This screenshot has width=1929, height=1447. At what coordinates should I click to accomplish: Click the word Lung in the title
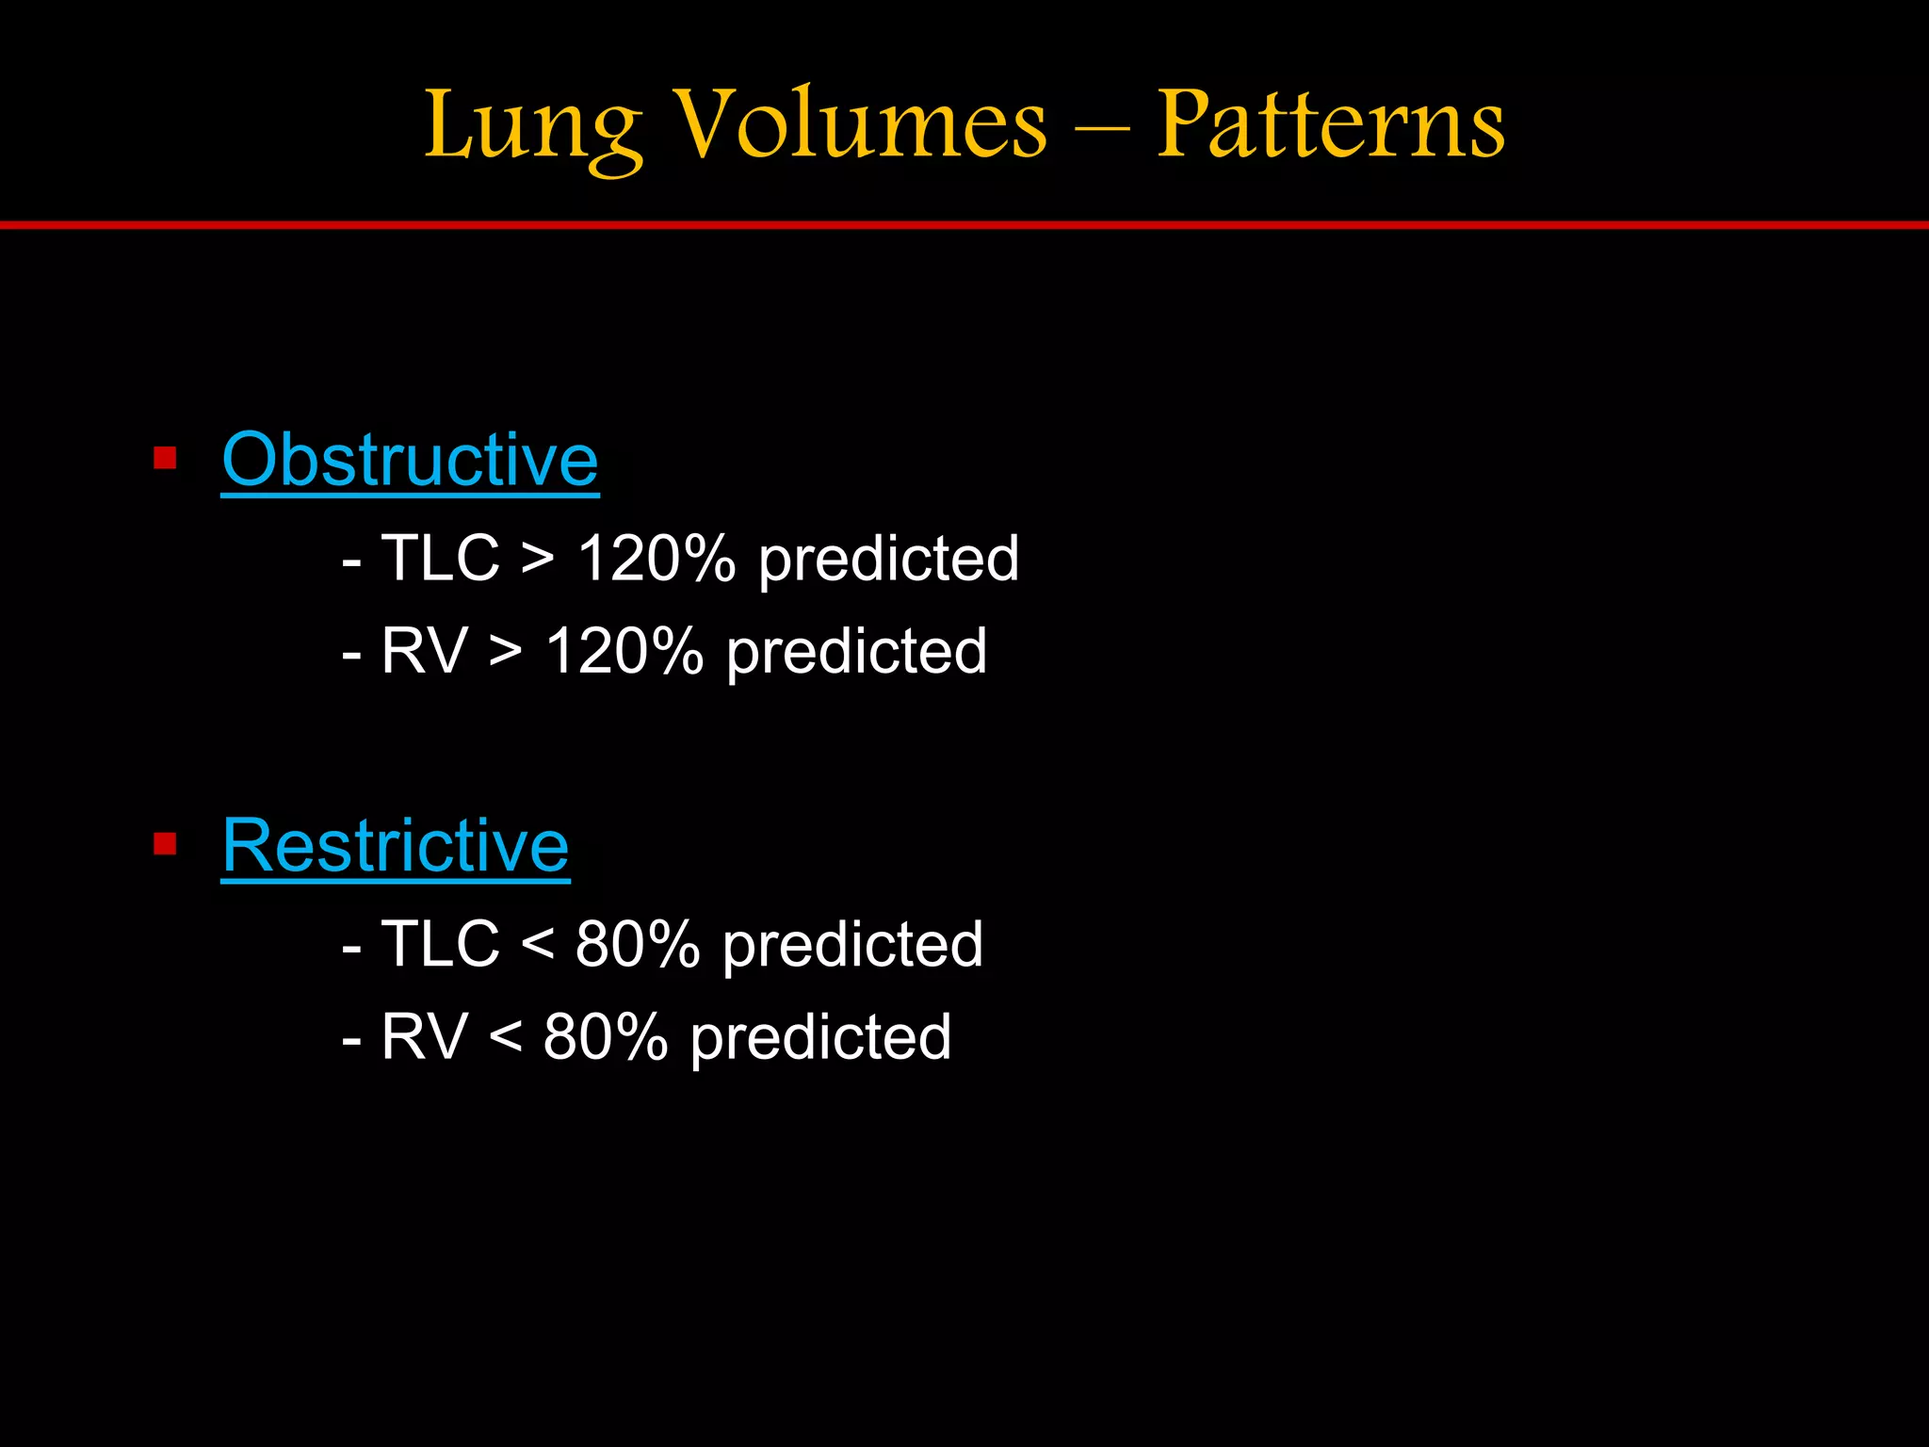pos(533,127)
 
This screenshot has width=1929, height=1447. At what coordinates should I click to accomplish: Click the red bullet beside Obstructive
pos(165,459)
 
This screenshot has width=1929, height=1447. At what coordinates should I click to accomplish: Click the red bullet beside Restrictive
pos(165,844)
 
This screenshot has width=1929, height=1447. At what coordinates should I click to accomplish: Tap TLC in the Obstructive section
pos(440,558)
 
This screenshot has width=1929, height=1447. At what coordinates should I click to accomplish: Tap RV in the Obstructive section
pos(424,651)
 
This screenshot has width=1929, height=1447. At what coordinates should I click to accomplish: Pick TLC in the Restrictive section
pos(440,944)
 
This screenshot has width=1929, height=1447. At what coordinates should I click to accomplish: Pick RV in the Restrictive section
pos(424,1037)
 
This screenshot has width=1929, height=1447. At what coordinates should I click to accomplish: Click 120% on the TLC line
pos(656,558)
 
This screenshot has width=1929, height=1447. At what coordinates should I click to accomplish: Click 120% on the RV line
pos(624,651)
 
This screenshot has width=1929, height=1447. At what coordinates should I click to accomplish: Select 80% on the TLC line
pos(638,944)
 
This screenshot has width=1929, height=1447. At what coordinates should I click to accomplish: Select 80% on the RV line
pos(606,1037)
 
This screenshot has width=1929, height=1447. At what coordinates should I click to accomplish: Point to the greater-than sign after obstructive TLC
pos(537,560)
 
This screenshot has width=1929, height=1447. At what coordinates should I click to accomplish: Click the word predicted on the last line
pos(820,1039)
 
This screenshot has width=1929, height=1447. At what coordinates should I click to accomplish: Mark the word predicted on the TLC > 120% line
pos(888,560)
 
